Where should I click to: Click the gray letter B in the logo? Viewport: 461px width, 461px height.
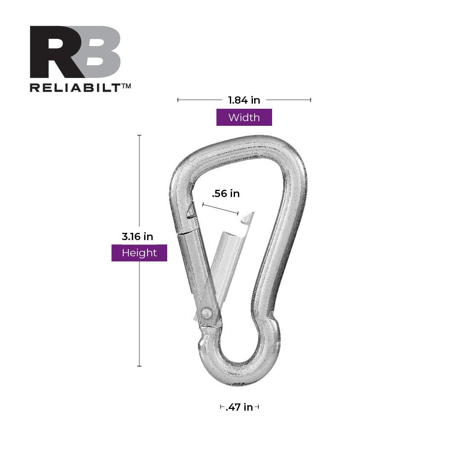point(99,52)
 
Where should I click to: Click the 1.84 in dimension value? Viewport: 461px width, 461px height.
point(244,100)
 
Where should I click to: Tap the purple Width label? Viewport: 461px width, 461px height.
point(244,117)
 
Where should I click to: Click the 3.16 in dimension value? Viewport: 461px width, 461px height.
point(137,236)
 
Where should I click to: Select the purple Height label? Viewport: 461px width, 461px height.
point(139,253)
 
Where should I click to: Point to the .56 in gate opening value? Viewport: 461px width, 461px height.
point(226,194)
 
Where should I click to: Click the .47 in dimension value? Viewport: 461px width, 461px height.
point(239,407)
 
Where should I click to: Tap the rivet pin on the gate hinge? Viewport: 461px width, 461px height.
point(207,313)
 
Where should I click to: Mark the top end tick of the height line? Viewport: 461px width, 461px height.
point(139,135)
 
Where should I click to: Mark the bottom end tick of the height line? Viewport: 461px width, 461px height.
point(139,366)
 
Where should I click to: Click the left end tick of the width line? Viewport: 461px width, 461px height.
point(178,100)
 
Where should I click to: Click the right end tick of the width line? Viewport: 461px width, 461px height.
point(310,100)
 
